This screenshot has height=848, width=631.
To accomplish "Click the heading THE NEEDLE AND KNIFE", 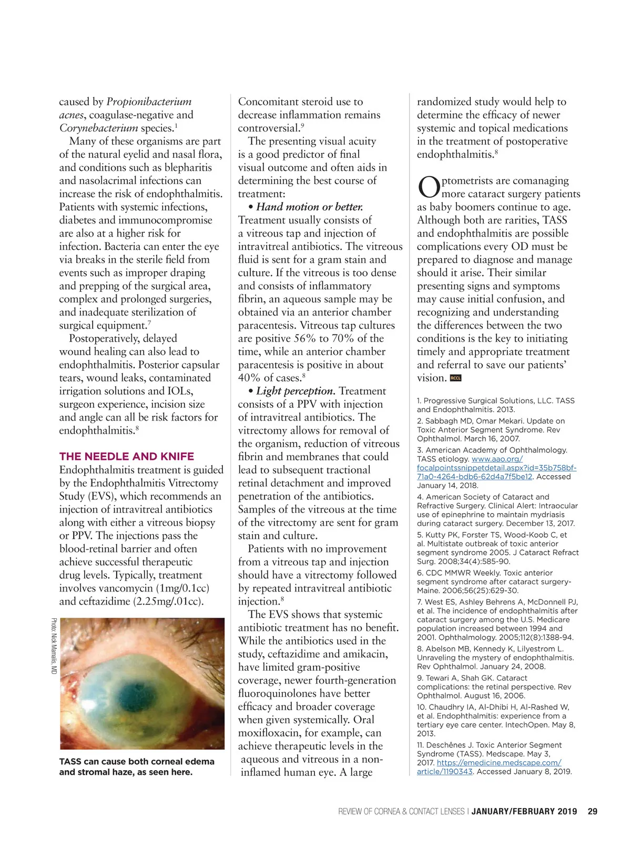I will tap(127, 456).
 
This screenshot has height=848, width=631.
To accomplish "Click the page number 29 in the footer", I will tap(592, 811).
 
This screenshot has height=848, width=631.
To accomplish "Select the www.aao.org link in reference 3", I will tap(497, 459).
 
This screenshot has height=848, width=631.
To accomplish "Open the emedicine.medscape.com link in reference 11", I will tap(498, 762).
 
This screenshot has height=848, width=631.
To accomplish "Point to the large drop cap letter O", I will tap(429, 187).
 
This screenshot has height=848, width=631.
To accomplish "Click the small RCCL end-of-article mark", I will tap(455, 378).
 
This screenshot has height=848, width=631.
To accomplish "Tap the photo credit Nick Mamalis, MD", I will tap(54, 646).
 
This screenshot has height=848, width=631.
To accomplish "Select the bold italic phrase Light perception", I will tap(296, 391).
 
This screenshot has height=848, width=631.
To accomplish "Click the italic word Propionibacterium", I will tap(149, 101).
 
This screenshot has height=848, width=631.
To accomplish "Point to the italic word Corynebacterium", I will tap(98, 128).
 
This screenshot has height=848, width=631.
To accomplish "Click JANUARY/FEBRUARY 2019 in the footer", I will tap(524, 811).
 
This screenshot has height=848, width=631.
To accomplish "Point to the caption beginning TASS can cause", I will tap(137, 767).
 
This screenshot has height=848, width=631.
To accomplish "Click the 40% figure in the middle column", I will tap(249, 377).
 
